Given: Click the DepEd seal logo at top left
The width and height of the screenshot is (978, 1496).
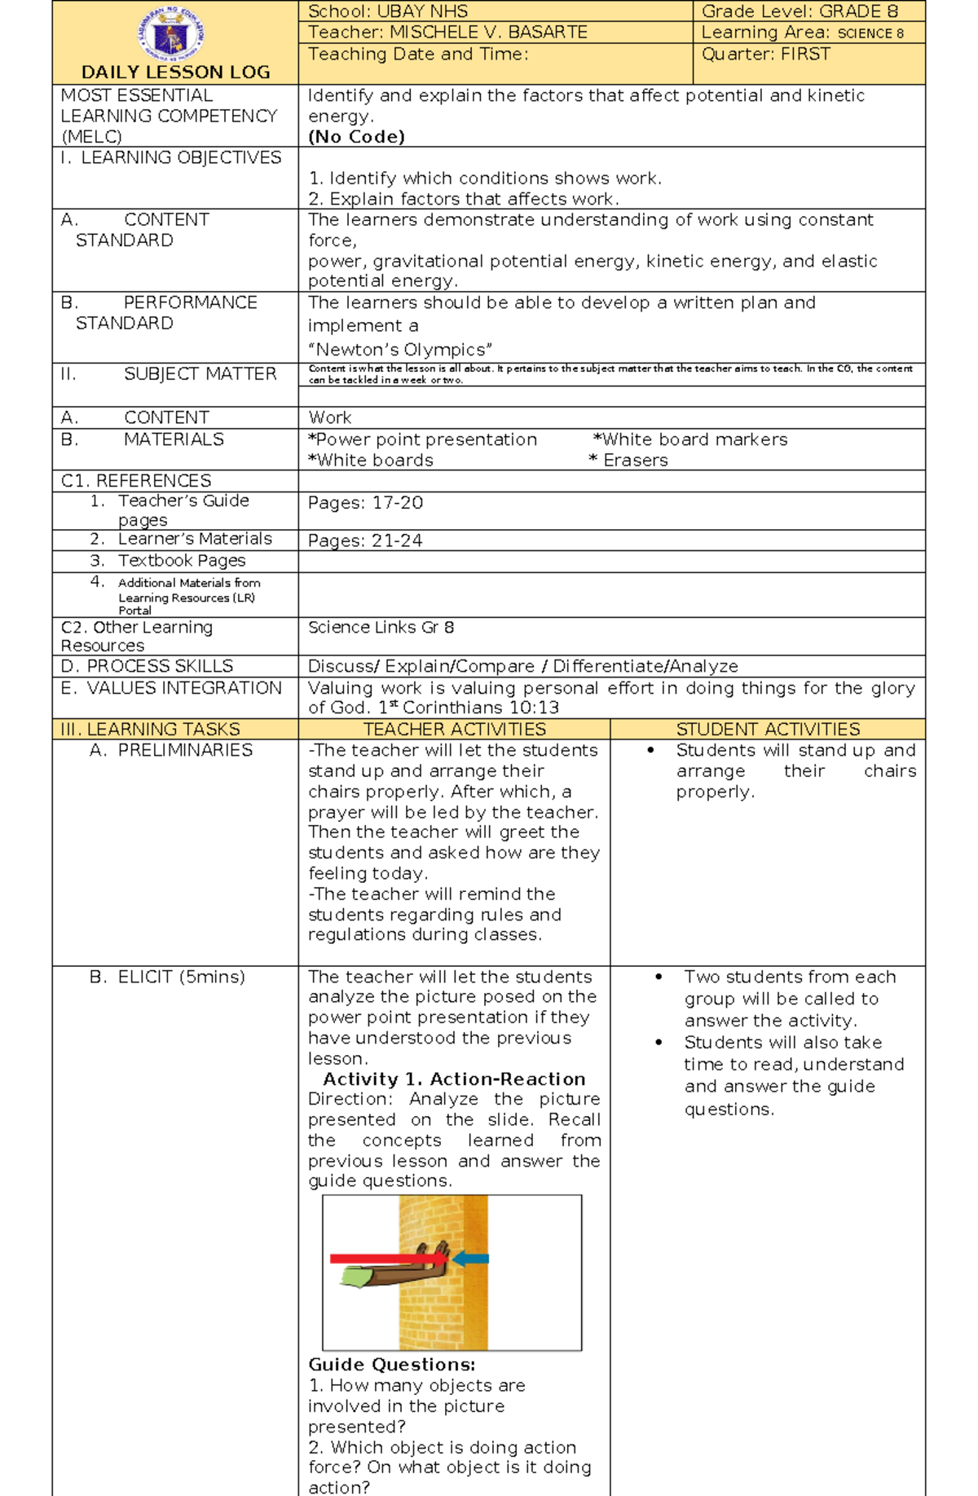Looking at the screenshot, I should tap(171, 33).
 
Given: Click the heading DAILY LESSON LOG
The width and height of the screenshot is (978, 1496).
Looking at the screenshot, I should tap(175, 73).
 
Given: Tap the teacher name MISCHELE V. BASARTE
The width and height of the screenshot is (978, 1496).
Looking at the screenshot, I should tap(488, 33).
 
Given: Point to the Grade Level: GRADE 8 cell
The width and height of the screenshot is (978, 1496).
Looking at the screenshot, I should tap(800, 11).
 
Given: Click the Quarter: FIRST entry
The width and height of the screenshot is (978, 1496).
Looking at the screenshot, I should tap(766, 55).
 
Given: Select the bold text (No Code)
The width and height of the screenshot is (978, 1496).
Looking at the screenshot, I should tap(356, 137).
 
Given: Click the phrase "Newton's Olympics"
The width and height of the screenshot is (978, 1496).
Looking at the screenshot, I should tap(400, 350).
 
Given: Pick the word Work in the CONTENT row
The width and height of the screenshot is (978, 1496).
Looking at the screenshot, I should tap(330, 417).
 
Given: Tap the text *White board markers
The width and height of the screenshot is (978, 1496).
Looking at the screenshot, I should tap(690, 439).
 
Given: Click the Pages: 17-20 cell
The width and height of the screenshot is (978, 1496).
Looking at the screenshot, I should tap(365, 503).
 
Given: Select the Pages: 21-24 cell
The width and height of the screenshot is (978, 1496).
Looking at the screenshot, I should tap(365, 541).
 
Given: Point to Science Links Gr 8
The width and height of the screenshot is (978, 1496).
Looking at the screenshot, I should tap(381, 628).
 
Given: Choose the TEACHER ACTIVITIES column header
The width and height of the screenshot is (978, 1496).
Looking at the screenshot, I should tap(454, 729).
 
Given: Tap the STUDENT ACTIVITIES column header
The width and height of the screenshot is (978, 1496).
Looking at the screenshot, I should tap(768, 729).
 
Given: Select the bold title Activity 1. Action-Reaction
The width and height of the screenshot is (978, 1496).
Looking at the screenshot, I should tap(454, 1079).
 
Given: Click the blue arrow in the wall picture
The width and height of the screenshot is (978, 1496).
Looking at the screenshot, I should tap(471, 1259).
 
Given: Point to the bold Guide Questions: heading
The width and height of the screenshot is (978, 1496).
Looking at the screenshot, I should tap(391, 1365).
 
